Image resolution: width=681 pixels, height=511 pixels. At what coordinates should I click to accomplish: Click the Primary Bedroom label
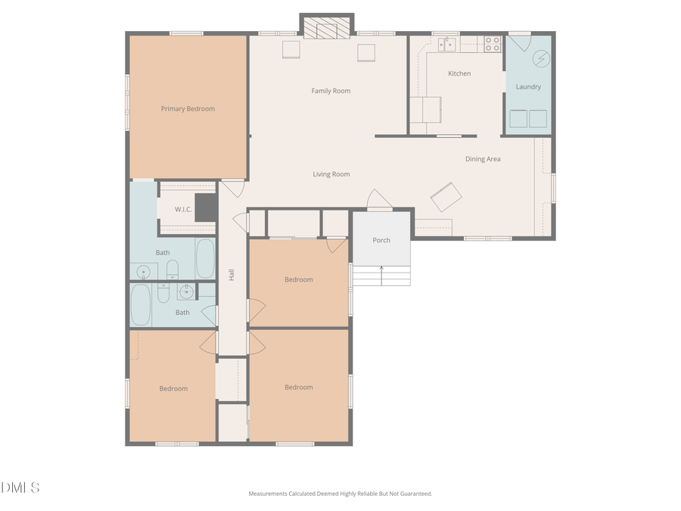(x=188, y=109)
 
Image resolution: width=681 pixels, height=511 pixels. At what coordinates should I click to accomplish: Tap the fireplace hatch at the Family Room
(x=327, y=28)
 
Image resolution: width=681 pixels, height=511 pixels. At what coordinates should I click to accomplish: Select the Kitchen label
(x=459, y=73)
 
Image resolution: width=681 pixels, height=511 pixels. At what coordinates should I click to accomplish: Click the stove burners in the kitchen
(x=493, y=44)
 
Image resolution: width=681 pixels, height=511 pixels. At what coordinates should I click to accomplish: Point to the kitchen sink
(x=448, y=45)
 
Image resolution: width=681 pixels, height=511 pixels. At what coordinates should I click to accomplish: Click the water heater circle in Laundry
(x=541, y=58)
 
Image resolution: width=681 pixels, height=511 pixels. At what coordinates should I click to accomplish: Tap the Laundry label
(x=528, y=87)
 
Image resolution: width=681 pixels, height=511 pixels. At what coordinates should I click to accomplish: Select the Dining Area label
(x=483, y=159)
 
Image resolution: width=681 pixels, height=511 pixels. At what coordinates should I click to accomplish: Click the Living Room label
(x=331, y=174)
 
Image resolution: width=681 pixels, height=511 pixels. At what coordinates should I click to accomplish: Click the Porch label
(x=381, y=240)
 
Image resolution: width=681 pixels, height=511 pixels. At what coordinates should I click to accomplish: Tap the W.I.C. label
(x=183, y=209)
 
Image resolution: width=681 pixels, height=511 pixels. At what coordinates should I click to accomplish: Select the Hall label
(x=232, y=276)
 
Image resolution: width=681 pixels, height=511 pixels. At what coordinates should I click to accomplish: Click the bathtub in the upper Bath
(x=205, y=258)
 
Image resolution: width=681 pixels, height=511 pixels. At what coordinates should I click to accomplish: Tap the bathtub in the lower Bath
(x=141, y=304)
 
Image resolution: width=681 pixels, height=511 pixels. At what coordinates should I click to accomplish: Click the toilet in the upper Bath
(x=172, y=270)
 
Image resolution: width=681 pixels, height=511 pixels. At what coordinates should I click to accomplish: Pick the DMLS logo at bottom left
(x=20, y=488)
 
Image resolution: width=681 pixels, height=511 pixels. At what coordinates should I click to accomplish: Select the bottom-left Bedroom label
(x=173, y=388)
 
